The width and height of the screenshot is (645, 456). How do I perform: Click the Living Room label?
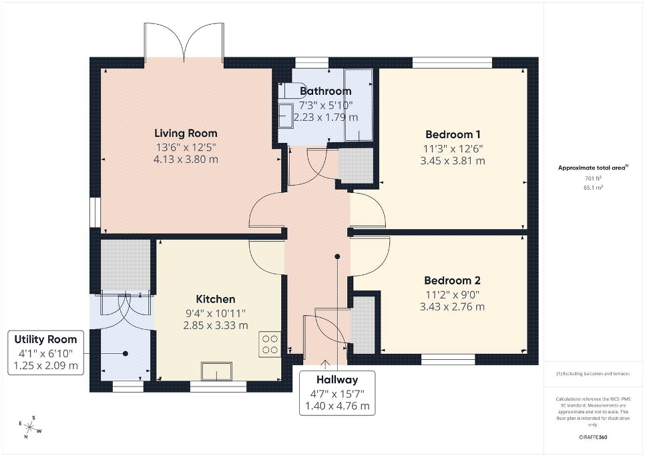(186, 134)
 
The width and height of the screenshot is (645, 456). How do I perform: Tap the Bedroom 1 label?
(453, 134)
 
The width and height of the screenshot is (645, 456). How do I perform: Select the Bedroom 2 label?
(452, 280)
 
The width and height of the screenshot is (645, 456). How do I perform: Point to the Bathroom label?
(325, 91)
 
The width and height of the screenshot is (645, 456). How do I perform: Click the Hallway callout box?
(337, 393)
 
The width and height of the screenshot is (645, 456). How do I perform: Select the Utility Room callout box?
(45, 353)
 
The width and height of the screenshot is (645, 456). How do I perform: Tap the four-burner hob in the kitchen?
(270, 344)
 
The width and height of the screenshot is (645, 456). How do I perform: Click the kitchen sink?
(216, 371)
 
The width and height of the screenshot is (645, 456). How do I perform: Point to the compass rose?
(30, 427)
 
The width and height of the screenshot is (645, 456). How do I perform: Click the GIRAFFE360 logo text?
(592, 437)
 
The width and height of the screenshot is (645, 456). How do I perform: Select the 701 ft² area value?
(593, 178)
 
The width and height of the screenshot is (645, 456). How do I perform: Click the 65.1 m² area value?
(593, 188)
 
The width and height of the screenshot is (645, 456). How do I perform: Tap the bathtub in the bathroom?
(358, 105)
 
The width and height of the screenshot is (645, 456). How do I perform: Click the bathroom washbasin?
(286, 115)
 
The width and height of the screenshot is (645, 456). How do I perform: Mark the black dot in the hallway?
(337, 256)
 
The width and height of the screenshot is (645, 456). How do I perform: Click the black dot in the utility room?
(125, 354)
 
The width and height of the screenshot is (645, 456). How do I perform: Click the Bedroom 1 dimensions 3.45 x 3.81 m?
(453, 161)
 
